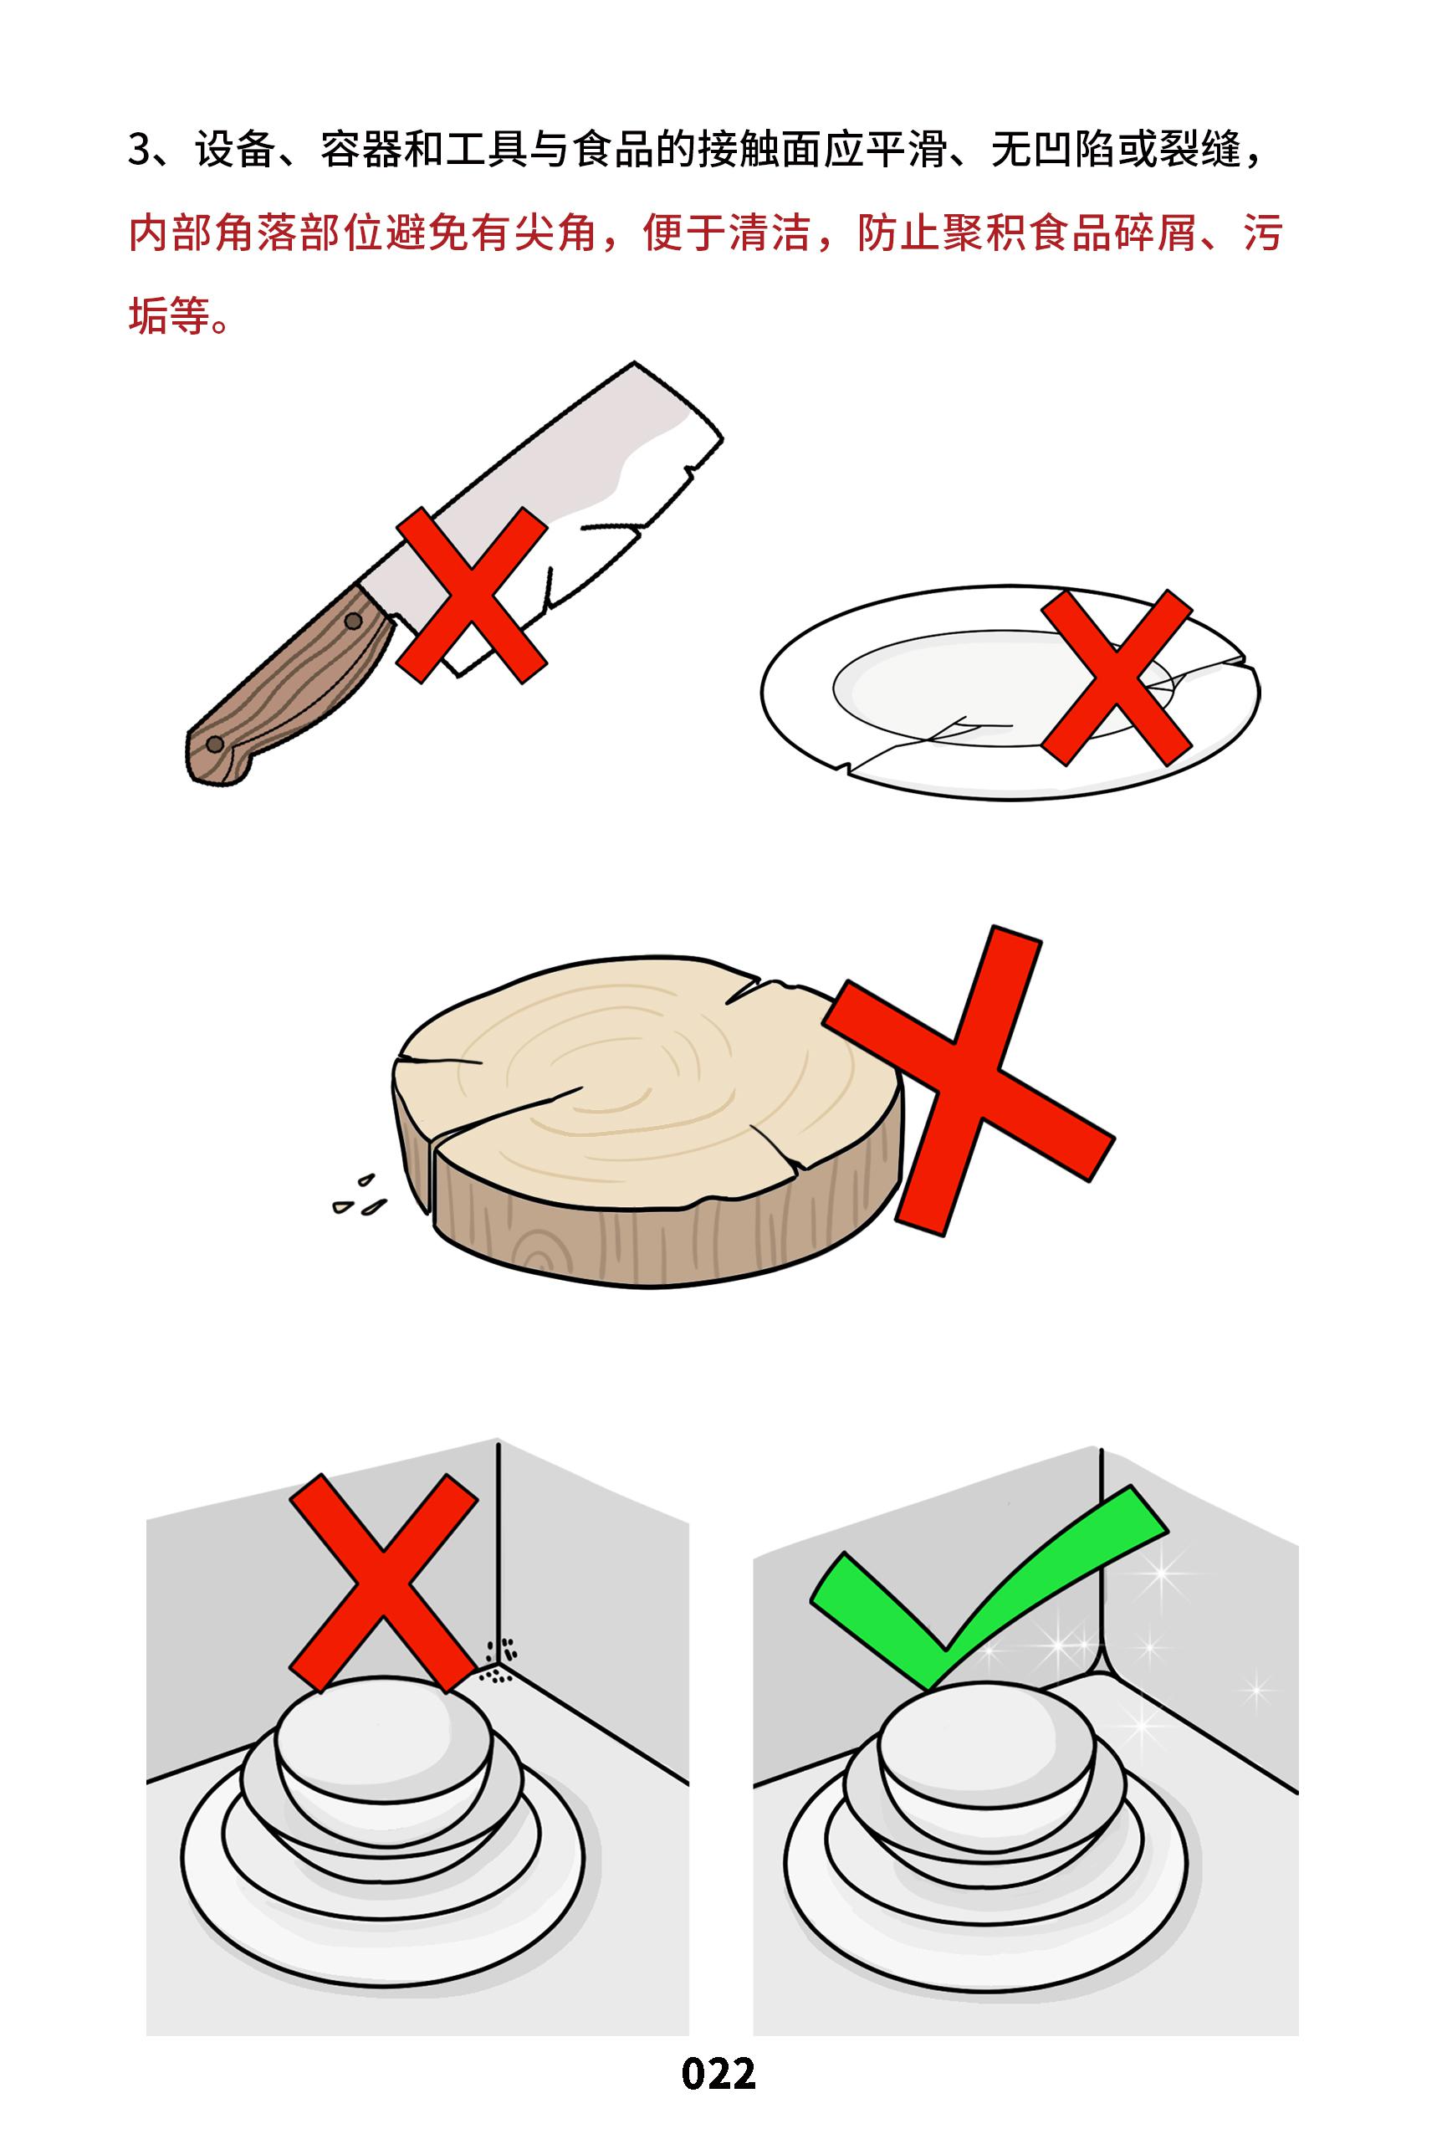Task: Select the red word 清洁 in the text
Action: tap(771, 234)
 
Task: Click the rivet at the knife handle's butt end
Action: tap(214, 741)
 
